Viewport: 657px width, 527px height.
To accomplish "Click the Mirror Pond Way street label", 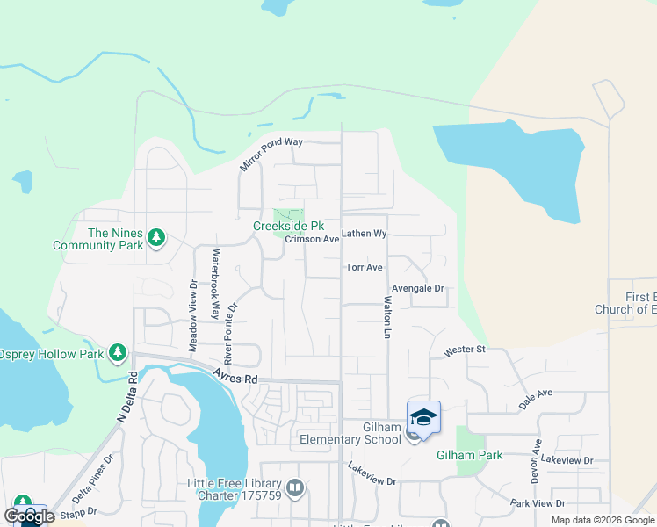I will click(x=271, y=154).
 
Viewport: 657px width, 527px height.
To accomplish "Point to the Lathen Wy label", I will click(x=365, y=234).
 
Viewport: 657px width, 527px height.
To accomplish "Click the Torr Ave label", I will click(x=365, y=267).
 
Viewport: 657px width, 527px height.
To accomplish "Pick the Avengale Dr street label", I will click(x=418, y=288).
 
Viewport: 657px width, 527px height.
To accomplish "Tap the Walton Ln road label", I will click(x=386, y=317).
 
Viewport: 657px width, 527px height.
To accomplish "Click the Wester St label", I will click(x=465, y=350).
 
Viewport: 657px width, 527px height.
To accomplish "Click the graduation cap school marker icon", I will click(x=423, y=417).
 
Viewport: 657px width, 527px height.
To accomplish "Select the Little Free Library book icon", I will click(x=295, y=487).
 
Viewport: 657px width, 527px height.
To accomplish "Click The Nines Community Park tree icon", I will click(x=156, y=237).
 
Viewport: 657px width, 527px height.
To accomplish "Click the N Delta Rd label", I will click(x=127, y=398).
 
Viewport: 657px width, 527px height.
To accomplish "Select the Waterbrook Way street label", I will click(x=213, y=285).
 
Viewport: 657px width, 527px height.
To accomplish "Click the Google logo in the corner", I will click(x=29, y=516).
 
